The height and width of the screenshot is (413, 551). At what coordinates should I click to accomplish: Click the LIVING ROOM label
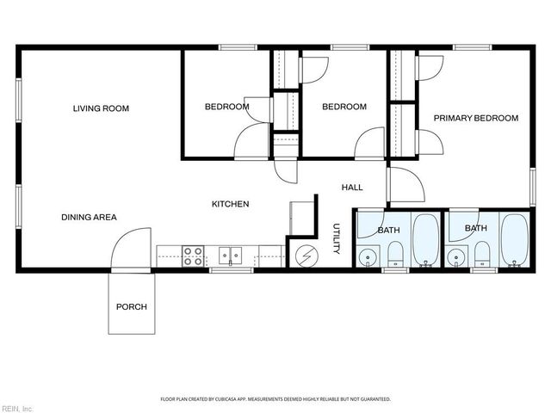click(101, 108)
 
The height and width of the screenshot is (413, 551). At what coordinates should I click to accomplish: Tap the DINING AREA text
click(89, 217)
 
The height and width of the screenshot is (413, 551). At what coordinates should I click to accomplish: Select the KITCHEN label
click(231, 204)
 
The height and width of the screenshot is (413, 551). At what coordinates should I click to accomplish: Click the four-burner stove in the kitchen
click(193, 256)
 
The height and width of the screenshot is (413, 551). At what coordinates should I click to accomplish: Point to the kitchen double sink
click(230, 256)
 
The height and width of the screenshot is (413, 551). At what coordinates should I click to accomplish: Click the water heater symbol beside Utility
click(305, 255)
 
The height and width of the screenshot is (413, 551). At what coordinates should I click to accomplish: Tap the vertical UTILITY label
click(337, 240)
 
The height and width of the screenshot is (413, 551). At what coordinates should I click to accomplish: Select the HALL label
click(352, 187)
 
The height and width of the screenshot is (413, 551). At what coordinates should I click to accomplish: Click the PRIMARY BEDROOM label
click(475, 118)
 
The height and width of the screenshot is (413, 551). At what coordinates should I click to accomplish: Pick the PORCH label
click(132, 307)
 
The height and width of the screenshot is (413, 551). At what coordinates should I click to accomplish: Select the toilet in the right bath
click(482, 254)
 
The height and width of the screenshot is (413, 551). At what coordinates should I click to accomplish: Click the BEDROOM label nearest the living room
click(226, 107)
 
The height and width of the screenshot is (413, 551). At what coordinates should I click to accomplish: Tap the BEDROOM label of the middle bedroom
click(344, 107)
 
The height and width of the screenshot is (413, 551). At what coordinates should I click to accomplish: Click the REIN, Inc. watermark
click(17, 407)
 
